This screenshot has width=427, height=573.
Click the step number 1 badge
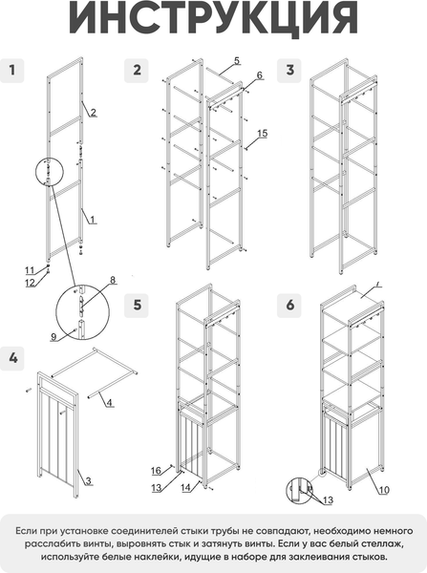click(12, 71)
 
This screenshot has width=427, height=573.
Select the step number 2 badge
click(137, 71)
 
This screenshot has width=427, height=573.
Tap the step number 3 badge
click(289, 71)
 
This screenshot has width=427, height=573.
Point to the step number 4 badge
click(12, 358)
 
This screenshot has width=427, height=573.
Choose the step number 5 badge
click(137, 306)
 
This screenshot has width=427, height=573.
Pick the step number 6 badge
click(289, 306)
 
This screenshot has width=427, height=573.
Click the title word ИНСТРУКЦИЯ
click(214, 18)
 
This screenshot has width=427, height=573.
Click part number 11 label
click(30, 271)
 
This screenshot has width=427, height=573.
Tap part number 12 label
click(31, 283)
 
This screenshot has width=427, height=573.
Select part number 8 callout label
click(113, 280)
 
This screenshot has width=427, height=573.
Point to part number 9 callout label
click(53, 337)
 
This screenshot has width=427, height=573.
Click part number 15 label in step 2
click(263, 134)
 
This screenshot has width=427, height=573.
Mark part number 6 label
click(259, 75)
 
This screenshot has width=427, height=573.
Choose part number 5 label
click(237, 61)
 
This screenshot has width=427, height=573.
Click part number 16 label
click(156, 471)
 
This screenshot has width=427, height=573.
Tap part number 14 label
click(185, 487)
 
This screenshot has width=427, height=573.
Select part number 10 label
click(384, 490)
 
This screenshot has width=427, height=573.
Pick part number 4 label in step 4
click(109, 403)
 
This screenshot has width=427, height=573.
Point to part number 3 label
click(88, 481)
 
